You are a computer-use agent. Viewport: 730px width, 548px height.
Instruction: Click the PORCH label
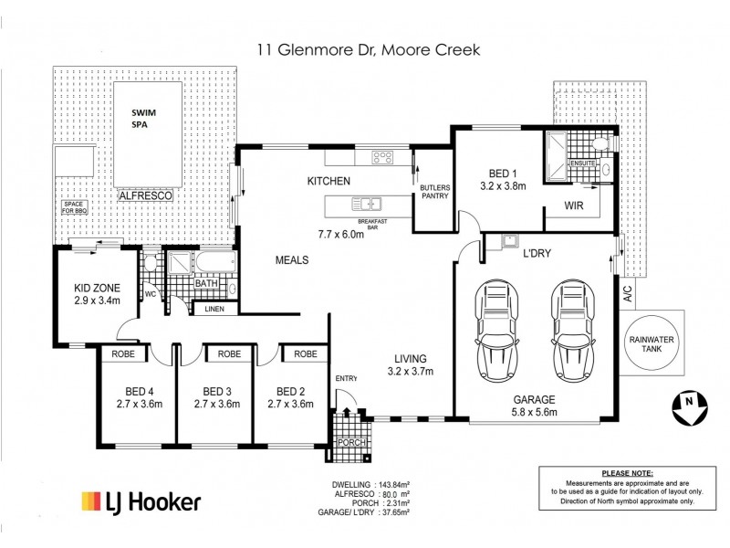click(352, 443)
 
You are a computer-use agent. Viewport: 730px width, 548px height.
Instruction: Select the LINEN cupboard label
click(214, 310)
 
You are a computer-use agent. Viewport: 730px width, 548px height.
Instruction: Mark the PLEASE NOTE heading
click(628, 473)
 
